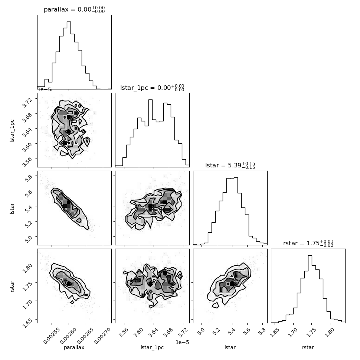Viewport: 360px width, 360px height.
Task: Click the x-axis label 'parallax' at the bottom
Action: click(x=74, y=347)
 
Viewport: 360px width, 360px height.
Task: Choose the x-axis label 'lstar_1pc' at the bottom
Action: click(x=152, y=347)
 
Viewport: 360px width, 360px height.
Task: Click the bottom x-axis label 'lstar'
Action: click(x=230, y=347)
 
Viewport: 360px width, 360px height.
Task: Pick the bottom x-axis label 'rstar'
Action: click(x=308, y=347)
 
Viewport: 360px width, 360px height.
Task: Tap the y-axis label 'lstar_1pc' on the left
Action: click(x=12, y=131)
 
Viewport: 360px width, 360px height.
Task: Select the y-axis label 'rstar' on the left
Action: click(x=12, y=286)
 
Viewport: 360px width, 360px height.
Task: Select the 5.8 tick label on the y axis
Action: click(x=29, y=179)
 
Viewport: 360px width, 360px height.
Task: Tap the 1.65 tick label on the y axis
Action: click(x=27, y=323)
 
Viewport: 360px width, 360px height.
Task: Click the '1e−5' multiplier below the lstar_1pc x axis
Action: click(x=182, y=342)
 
